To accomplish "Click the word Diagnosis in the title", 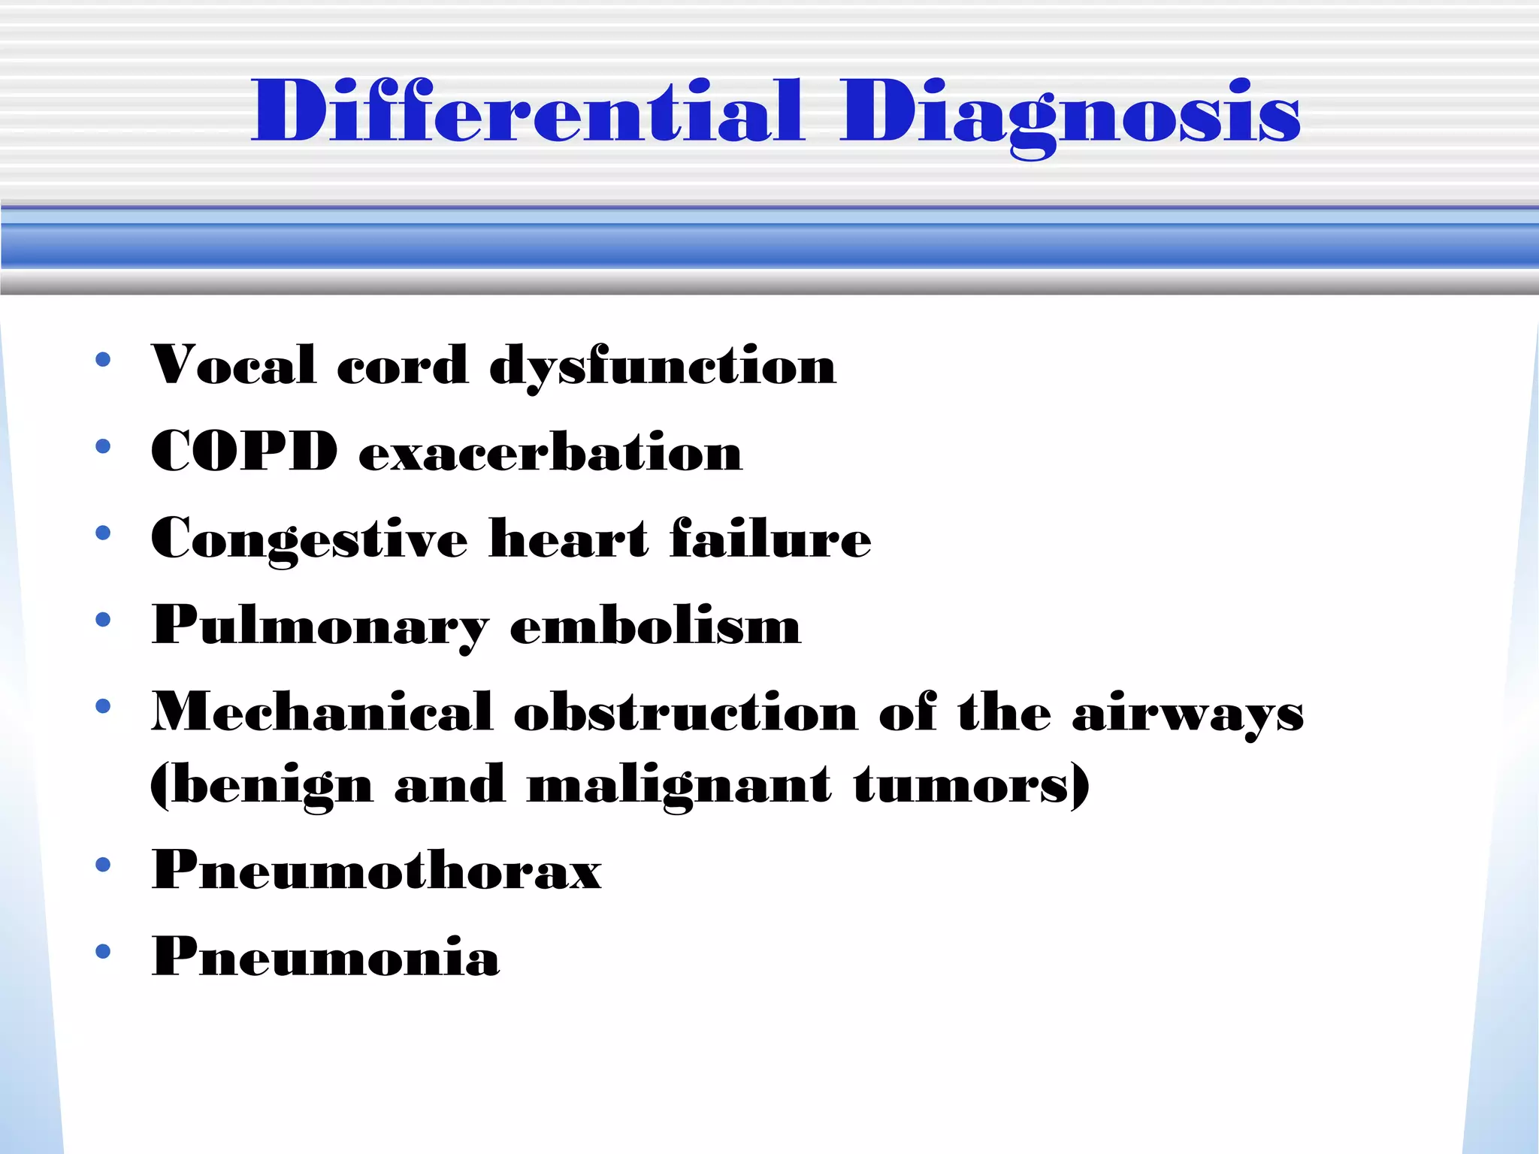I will (1070, 113).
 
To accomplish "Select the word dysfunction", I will (662, 367).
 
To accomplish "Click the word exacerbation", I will (551, 452).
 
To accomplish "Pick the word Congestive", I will (309, 539).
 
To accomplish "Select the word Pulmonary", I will (320, 626).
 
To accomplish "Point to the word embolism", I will (655, 625).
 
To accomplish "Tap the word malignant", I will (679, 785).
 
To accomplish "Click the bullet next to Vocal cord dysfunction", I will (103, 359).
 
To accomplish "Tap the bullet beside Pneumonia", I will (103, 952).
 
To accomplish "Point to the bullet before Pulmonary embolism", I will (103, 620).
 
